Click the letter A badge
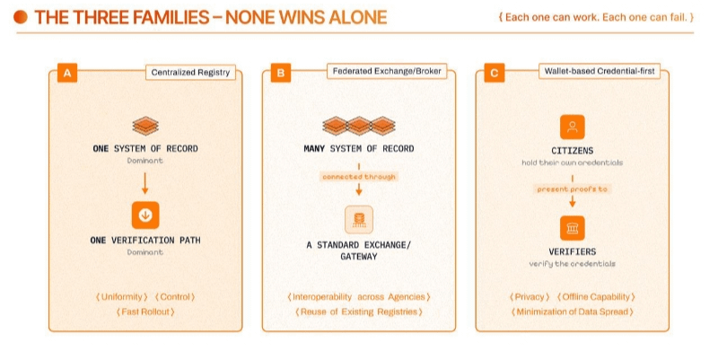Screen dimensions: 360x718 pos(66,74)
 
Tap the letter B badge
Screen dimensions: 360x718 pos(280,74)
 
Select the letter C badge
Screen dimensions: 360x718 pos(494,74)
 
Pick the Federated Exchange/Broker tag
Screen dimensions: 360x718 pos(388,71)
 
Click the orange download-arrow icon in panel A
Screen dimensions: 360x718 pos(144,215)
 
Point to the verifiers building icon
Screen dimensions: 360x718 pos(573,225)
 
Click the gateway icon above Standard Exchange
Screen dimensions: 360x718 pos(359,219)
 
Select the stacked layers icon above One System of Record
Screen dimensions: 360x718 pos(144,126)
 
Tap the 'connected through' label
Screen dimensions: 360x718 pos(359,177)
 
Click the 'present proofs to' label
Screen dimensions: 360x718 pos(573,189)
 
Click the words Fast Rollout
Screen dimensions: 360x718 pos(144,312)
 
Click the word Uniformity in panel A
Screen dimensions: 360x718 pos(122,297)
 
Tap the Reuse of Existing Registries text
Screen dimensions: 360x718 pos(359,312)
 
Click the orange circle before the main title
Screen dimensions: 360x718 pos(20,17)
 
